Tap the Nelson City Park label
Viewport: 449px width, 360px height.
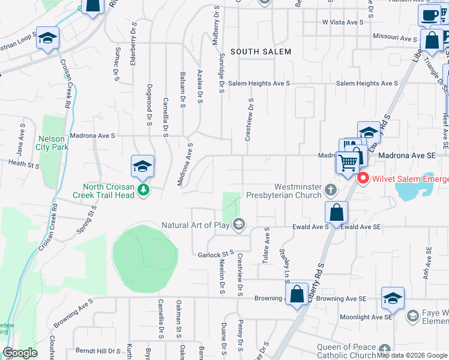(51, 142)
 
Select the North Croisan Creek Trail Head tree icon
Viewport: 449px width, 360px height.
(143, 190)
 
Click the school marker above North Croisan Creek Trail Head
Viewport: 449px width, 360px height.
(142, 166)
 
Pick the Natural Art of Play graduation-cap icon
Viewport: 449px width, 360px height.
(239, 225)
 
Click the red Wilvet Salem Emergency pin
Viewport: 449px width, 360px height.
(363, 179)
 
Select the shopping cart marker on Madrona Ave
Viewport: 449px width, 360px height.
(347, 162)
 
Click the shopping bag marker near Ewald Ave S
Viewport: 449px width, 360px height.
(336, 212)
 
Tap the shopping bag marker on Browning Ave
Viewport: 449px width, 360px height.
(297, 295)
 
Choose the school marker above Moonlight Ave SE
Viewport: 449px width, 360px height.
(393, 298)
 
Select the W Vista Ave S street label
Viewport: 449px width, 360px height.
(343, 22)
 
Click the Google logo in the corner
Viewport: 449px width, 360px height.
(20, 353)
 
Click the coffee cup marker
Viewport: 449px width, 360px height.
(430, 16)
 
